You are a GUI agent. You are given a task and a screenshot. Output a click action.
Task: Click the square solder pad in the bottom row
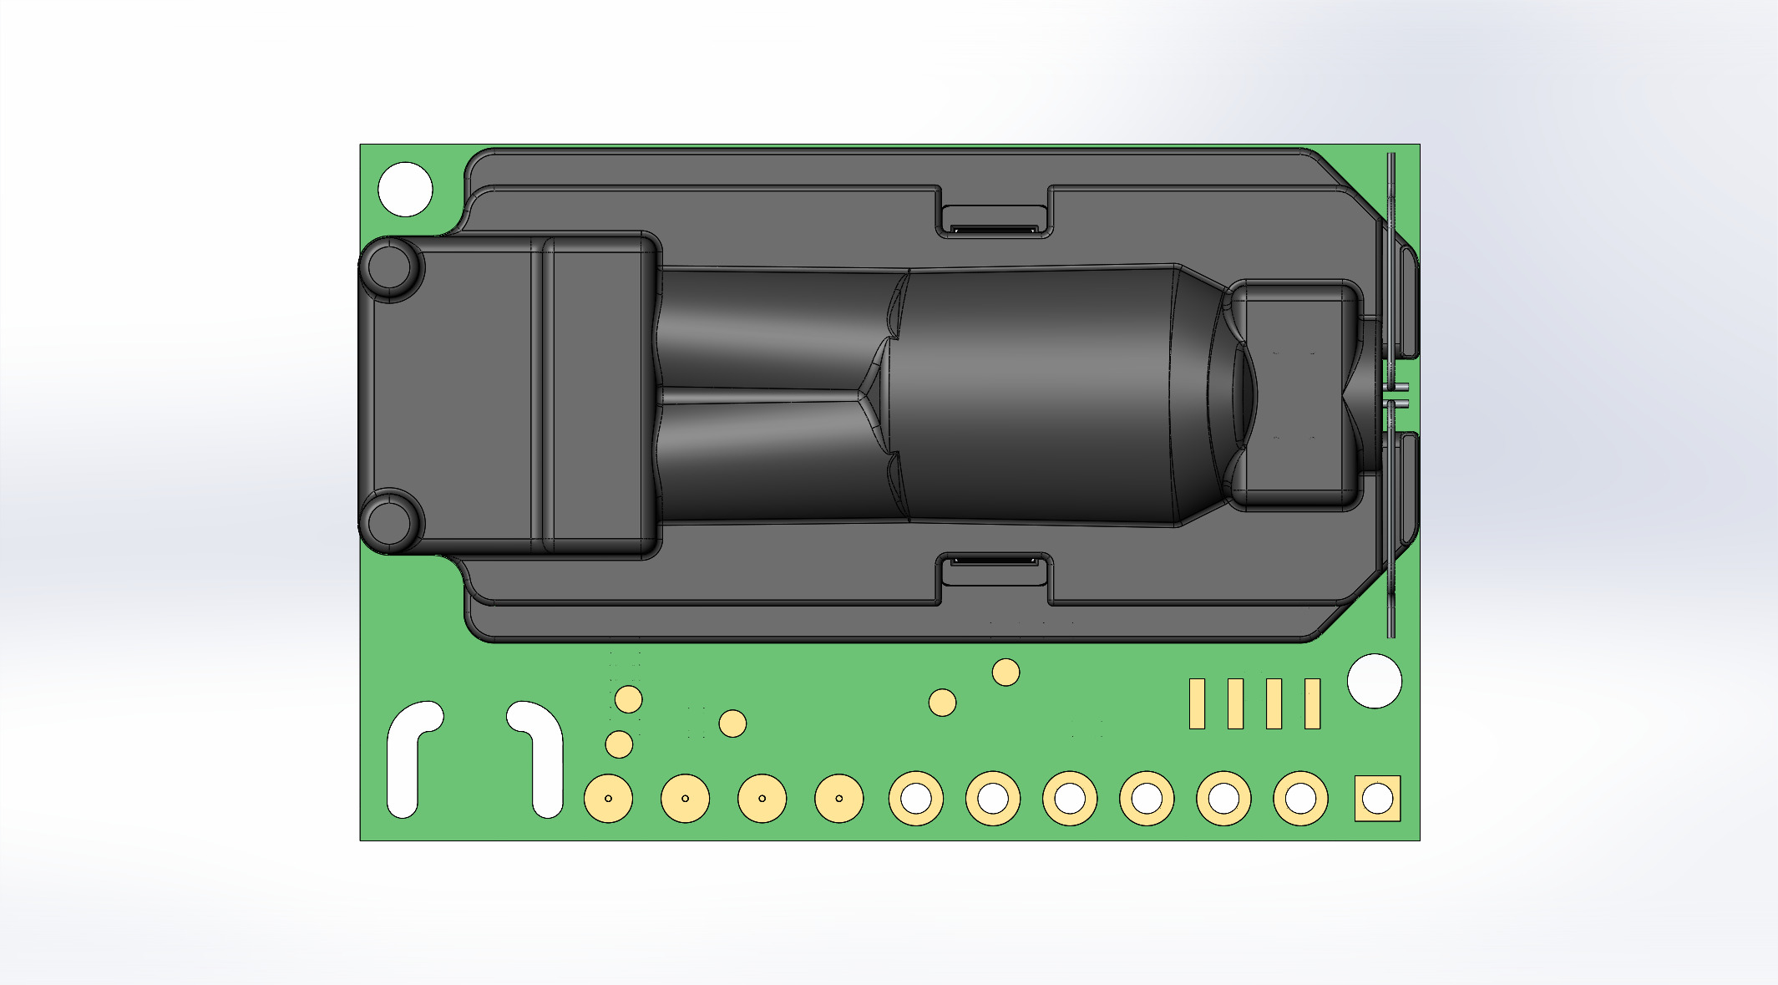click(x=1377, y=799)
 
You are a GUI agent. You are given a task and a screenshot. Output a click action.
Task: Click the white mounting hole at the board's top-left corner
click(x=405, y=190)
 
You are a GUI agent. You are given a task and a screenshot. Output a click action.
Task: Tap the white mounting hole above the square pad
click(x=1374, y=681)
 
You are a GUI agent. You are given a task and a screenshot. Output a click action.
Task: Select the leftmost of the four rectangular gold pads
click(x=1197, y=703)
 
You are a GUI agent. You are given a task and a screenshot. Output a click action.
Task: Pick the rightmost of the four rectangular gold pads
click(x=1312, y=703)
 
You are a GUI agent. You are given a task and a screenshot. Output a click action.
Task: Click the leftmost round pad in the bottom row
click(x=608, y=799)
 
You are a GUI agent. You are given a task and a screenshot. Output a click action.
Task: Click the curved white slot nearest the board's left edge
click(x=406, y=760)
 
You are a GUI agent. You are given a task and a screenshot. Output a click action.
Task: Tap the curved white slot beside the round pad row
click(x=543, y=760)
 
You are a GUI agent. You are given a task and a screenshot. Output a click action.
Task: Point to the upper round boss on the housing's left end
click(x=390, y=267)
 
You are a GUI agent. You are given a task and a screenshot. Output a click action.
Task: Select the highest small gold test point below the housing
click(x=1006, y=672)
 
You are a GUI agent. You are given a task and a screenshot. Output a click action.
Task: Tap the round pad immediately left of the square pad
click(x=1300, y=799)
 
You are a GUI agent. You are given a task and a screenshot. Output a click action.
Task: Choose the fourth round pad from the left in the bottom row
click(x=838, y=799)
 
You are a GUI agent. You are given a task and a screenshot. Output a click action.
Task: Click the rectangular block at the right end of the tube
click(x=1294, y=394)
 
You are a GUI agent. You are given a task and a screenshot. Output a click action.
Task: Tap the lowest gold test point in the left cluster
click(x=619, y=744)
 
